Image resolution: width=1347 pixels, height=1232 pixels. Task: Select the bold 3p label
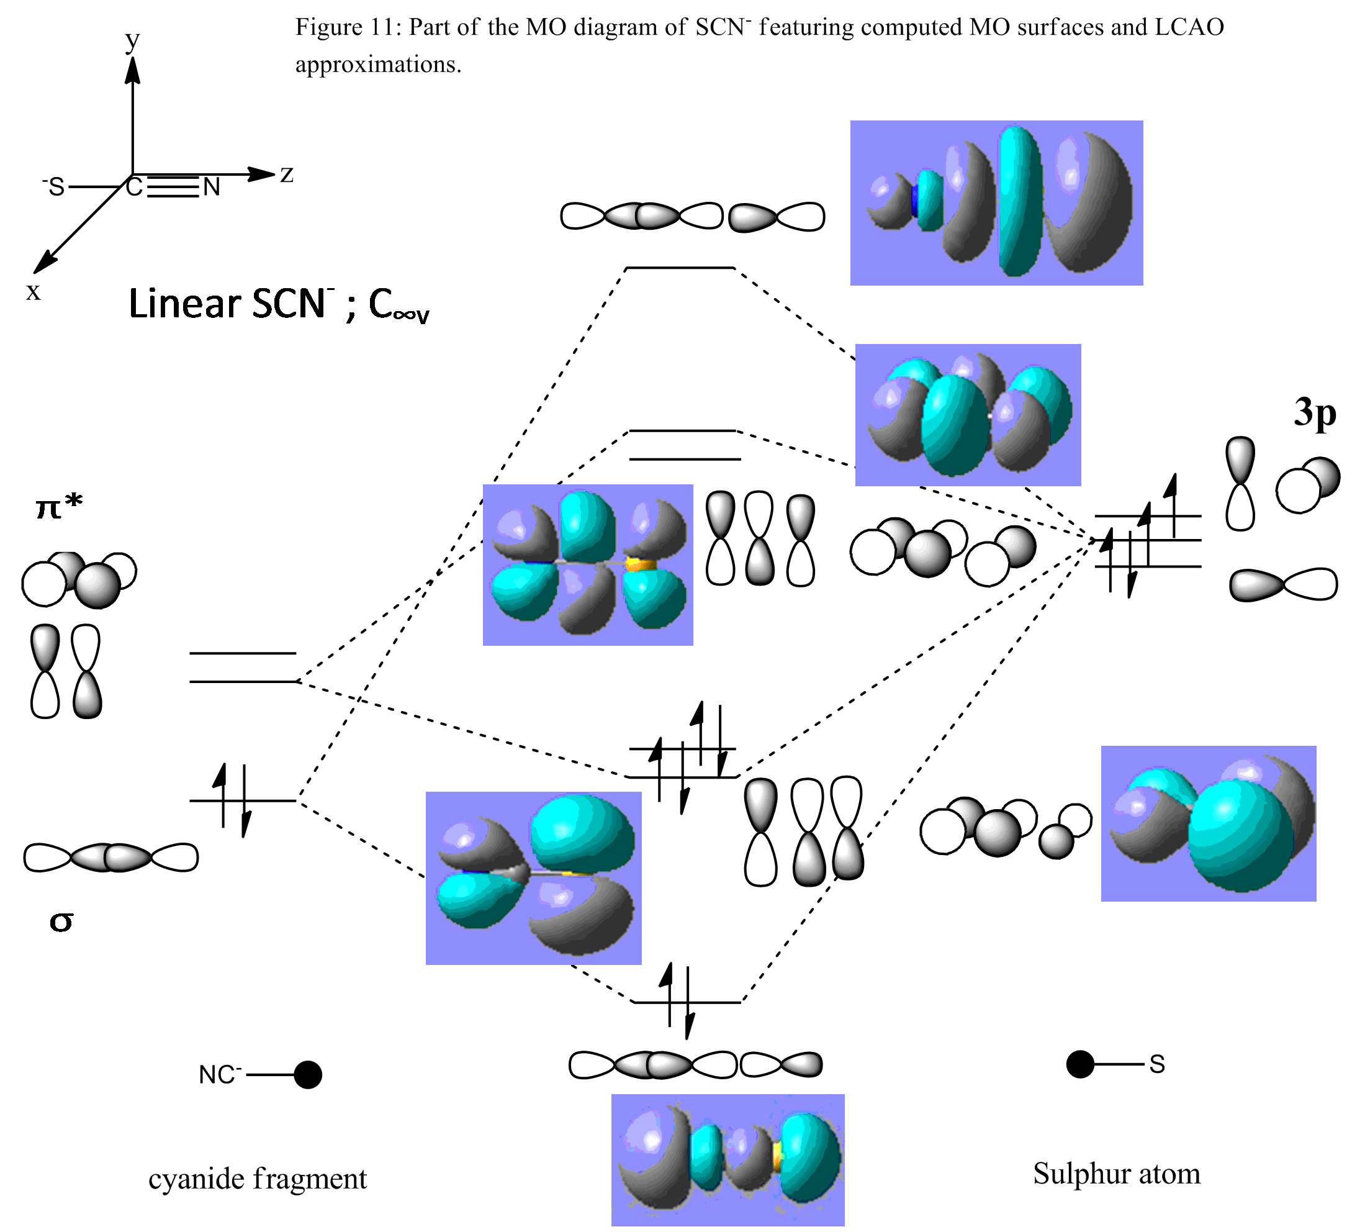pyautogui.click(x=1314, y=412)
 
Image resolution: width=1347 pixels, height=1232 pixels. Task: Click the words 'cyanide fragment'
pyautogui.click(x=257, y=1178)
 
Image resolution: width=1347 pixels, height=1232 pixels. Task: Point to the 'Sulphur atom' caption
pyautogui.click(x=1117, y=1173)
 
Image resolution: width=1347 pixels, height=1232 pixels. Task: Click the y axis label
pyautogui.click(x=132, y=40)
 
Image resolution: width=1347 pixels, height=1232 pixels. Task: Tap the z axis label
pyautogui.click(x=287, y=174)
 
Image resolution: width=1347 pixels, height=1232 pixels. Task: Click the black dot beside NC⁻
pyautogui.click(x=308, y=1075)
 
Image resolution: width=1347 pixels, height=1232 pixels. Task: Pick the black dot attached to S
pyautogui.click(x=1079, y=1064)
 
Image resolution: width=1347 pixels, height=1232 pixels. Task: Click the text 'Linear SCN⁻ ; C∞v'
pyautogui.click(x=279, y=305)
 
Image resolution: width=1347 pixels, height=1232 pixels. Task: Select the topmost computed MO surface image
pyautogui.click(x=996, y=202)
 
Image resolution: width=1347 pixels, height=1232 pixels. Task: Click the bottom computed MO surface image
pyautogui.click(x=728, y=1161)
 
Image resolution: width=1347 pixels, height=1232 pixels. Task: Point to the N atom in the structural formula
pyautogui.click(x=212, y=187)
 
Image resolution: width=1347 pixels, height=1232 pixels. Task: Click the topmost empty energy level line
pyautogui.click(x=680, y=268)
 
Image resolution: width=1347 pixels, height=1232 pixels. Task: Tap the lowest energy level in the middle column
pyautogui.click(x=688, y=1002)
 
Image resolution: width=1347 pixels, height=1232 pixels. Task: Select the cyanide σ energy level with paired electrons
pyautogui.click(x=243, y=800)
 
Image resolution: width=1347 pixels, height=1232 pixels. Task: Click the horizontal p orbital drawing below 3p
pyautogui.click(x=1284, y=585)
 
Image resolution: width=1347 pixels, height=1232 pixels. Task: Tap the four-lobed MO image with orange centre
pyautogui.click(x=588, y=565)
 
